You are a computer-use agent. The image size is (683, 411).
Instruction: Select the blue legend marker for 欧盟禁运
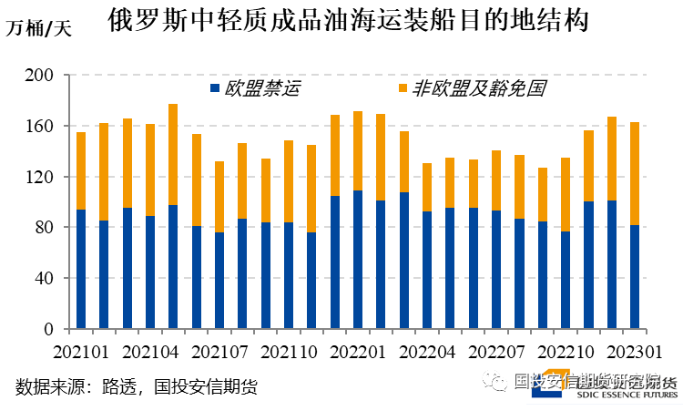[x=215, y=88]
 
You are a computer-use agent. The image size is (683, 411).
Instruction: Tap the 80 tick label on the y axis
[x=46, y=227]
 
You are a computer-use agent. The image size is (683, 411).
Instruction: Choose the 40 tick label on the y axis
[x=46, y=278]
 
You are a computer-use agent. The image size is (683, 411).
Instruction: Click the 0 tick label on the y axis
[x=50, y=328]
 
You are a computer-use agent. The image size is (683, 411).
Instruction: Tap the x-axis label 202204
[x=426, y=351]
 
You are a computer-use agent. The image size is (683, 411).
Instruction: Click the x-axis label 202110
[x=288, y=351]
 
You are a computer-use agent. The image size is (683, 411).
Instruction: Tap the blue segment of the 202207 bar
[x=496, y=270]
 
